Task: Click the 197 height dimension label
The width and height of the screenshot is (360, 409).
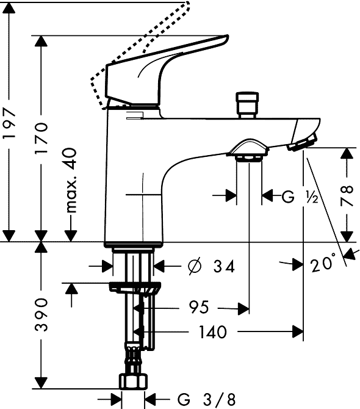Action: tap(9, 124)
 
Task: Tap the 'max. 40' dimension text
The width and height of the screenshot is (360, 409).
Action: tap(71, 181)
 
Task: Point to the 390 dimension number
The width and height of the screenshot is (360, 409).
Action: tap(41, 314)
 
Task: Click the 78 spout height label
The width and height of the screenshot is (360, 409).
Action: tap(347, 195)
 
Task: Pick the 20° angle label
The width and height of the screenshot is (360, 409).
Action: tap(323, 262)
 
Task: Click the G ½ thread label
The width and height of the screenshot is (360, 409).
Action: tap(300, 197)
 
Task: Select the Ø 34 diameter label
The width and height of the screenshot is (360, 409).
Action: tap(211, 266)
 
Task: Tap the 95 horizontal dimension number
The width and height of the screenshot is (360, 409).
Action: tap(199, 307)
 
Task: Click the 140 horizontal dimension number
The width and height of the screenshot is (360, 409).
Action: tap(213, 332)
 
